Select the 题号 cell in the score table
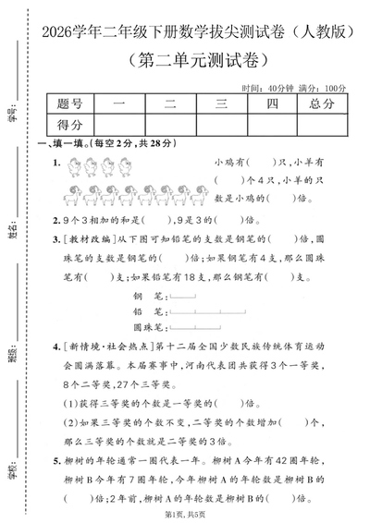(69, 105)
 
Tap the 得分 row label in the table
(69, 124)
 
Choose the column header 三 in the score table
(220, 105)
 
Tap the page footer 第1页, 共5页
(185, 514)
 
